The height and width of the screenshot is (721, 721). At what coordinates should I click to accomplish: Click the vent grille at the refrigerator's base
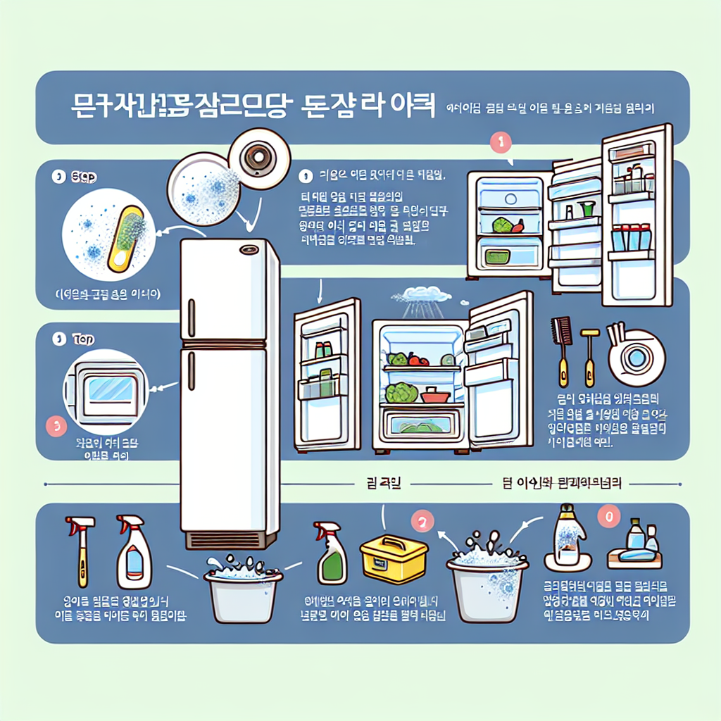(x=230, y=540)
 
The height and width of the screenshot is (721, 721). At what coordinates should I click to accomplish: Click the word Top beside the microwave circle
(x=83, y=339)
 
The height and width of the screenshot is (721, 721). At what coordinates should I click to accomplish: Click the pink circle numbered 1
(x=499, y=142)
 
